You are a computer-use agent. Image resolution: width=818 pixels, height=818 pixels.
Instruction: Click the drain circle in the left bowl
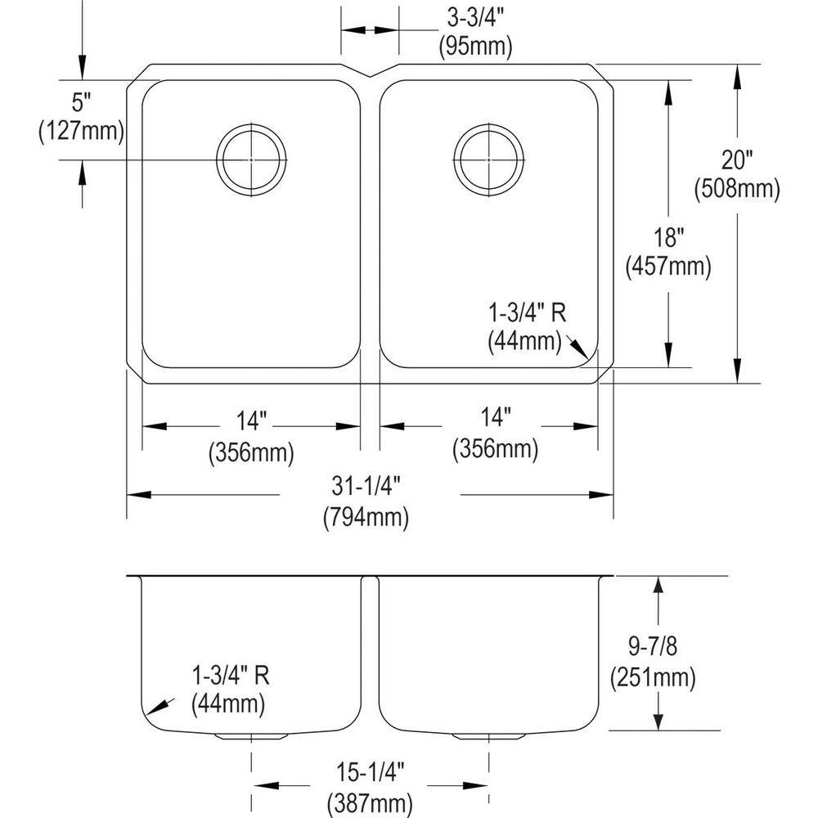click(217, 160)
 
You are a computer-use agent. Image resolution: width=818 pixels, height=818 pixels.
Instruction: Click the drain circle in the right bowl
click(454, 160)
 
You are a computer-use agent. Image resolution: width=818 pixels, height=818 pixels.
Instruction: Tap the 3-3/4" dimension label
click(474, 18)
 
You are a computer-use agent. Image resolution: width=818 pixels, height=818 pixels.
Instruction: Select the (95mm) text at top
click(475, 47)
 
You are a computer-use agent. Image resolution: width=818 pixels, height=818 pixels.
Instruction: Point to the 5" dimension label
click(81, 102)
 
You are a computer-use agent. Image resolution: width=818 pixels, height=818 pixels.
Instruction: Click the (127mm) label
click(81, 130)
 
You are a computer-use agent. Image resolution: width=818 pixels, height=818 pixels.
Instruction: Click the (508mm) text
click(737, 188)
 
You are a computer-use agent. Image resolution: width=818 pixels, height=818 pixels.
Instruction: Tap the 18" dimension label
click(668, 238)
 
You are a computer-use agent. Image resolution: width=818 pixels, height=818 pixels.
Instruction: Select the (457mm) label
click(668, 267)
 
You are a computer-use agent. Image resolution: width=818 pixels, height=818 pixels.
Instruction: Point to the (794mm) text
click(366, 518)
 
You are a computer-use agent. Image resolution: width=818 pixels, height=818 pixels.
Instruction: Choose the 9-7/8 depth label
click(653, 646)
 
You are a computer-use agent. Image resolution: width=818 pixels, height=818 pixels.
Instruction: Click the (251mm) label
click(653, 677)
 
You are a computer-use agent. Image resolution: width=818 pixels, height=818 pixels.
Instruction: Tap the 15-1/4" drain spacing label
click(370, 773)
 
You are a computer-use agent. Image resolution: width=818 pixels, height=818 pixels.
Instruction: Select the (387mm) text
click(370, 803)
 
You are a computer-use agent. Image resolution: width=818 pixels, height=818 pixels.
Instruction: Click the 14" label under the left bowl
click(251, 420)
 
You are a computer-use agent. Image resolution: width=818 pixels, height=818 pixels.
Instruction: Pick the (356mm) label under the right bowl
click(495, 448)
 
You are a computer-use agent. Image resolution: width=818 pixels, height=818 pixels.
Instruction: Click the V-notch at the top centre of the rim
click(371, 76)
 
